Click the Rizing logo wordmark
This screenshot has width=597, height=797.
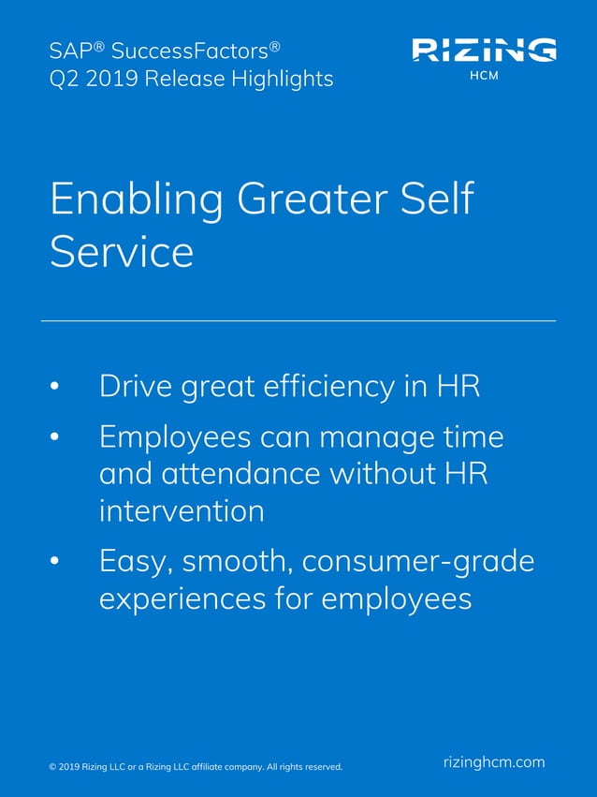(x=484, y=49)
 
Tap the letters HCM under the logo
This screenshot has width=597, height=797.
(x=484, y=76)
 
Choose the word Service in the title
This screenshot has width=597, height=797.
(x=122, y=251)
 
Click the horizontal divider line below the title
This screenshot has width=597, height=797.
(x=298, y=320)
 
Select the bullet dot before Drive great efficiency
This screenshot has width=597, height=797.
(x=54, y=387)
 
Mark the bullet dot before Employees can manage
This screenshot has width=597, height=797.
(x=54, y=437)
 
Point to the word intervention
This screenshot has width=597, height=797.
(x=181, y=511)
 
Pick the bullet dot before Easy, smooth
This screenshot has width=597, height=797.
(x=54, y=561)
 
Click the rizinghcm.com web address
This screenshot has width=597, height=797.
(x=493, y=761)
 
